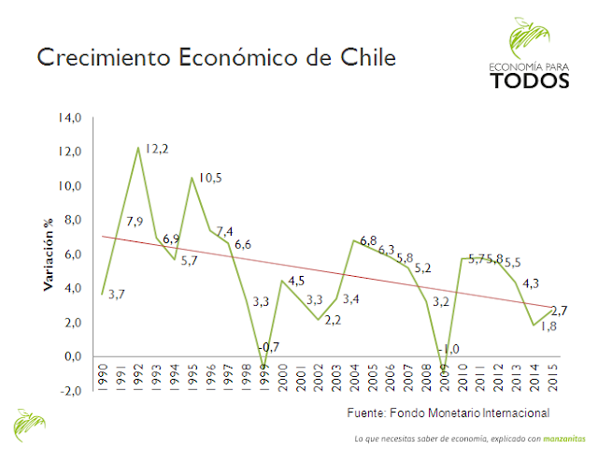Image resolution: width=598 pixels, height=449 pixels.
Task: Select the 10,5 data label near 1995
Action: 210,179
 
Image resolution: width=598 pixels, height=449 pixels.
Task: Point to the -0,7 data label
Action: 271,348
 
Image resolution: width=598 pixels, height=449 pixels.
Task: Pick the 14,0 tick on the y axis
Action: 71,118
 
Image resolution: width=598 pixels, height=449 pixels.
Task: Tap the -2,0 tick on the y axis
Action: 72,391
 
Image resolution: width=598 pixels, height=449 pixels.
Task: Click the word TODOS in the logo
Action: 529,80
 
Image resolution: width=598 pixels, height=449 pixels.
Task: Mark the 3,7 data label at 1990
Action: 118,296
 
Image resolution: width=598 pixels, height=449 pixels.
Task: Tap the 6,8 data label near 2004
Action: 367,241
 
